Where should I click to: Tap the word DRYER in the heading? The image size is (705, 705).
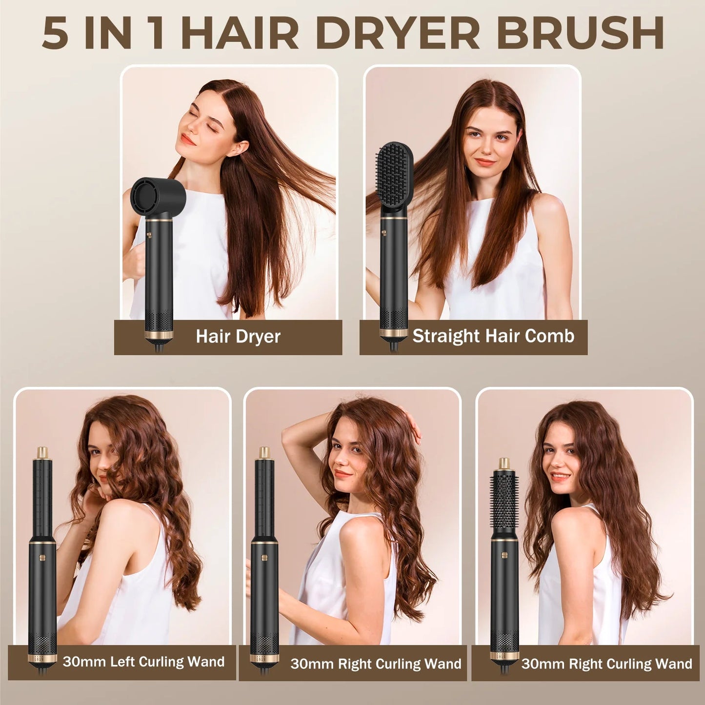click(398, 33)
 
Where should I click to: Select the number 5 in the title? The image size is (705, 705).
click(55, 33)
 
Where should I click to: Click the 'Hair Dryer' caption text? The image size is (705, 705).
click(238, 337)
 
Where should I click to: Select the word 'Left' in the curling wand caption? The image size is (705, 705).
click(122, 662)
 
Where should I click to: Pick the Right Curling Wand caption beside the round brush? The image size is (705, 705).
click(606, 664)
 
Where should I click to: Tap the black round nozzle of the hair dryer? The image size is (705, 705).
click(158, 196)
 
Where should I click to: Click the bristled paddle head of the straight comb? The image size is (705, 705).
click(395, 173)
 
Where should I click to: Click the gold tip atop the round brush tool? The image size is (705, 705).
click(504, 463)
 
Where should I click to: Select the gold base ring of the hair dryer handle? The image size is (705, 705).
click(159, 335)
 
